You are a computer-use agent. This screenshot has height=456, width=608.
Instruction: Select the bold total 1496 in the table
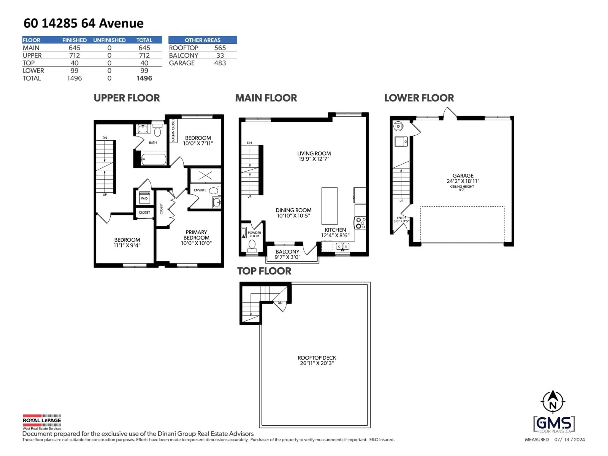[x=144, y=78]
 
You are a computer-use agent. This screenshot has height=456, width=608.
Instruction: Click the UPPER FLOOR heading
[x=127, y=98]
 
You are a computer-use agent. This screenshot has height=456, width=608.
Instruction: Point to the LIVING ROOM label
[x=314, y=154]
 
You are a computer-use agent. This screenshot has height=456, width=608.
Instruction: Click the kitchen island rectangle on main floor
[x=329, y=206]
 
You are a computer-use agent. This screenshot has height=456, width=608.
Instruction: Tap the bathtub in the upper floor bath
[x=153, y=159]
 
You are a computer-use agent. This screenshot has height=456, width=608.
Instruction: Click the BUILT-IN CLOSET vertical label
[x=173, y=131]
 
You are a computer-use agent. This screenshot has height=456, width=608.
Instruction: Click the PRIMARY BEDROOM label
[x=196, y=235]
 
